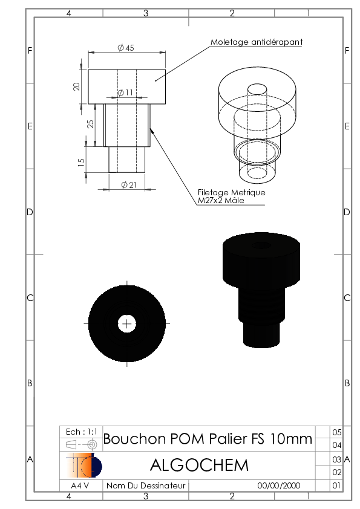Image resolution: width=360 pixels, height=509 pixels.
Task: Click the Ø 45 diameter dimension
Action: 126,48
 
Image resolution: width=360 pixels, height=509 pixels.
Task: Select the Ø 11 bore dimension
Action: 125,92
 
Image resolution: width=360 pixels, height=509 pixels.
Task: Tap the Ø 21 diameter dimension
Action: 129,185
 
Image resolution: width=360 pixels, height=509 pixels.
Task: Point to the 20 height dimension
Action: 76,86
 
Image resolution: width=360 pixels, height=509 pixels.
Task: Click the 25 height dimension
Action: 90,124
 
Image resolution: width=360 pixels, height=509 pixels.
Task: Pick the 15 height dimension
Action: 81,162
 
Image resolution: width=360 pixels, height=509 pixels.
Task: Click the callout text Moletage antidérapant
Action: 257,42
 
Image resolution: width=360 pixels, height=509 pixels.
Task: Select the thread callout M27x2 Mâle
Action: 221,200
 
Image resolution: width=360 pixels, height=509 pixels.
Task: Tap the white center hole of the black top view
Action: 126,323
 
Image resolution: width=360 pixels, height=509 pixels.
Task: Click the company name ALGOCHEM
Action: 199,465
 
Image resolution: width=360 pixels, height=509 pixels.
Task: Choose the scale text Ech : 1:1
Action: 81,432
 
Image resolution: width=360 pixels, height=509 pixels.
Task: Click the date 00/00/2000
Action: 279,485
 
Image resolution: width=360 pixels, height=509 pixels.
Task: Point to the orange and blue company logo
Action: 84,465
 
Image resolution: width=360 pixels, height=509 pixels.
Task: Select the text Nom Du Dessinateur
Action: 146,485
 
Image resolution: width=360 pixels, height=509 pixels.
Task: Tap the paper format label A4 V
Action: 80,485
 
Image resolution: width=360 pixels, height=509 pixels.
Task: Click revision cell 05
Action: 337,432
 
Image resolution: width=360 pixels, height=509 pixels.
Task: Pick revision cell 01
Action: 336,485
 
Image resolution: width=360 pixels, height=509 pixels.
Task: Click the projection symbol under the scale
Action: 81,444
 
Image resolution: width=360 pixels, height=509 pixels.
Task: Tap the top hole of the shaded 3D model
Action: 261,245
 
